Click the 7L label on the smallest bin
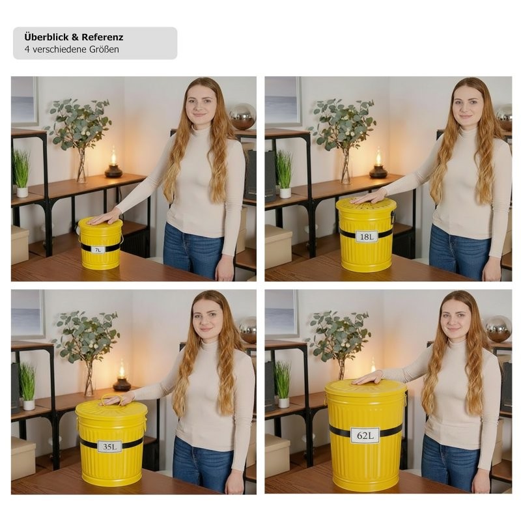coord(98,250)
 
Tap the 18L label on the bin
coord(367,236)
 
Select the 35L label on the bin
coord(109,447)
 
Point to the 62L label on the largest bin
coord(365,435)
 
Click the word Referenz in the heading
coord(103,37)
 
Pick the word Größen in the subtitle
coord(104,49)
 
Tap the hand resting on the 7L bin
coord(104,218)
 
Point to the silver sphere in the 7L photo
coord(243,117)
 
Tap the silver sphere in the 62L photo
coord(498,328)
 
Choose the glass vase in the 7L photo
coord(82,166)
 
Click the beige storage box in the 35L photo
coord(23,453)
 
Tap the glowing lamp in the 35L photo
coord(122,376)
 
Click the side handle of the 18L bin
coord(393,218)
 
